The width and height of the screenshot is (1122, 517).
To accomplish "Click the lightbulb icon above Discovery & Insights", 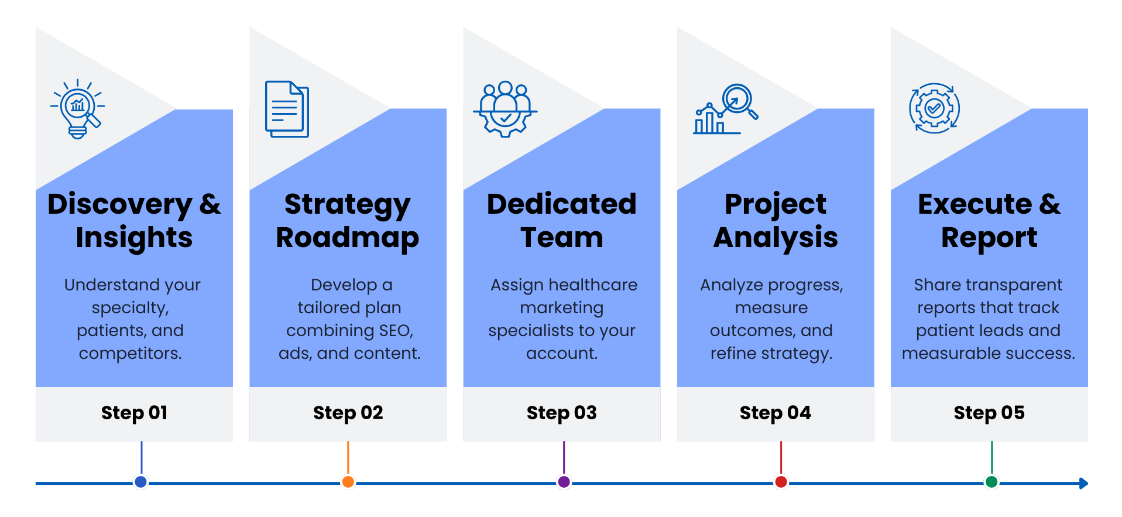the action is coord(78,109).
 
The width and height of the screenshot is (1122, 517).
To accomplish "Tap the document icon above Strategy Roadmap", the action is coord(287,109).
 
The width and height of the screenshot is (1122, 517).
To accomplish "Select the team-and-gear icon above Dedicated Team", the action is coord(505,109).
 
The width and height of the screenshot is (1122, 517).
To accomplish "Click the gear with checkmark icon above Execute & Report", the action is coord(934,108).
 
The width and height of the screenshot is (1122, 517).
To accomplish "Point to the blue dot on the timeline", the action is coord(140,482).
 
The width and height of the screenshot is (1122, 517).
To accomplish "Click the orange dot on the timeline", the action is coord(348,482).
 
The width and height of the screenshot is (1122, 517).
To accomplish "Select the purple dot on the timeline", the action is coord(564,482).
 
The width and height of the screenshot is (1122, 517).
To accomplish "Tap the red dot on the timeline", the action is coord(781,482).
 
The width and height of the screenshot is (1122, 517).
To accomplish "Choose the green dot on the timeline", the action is coord(991,482).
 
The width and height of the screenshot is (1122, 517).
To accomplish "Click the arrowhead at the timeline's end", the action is coord(1084,483).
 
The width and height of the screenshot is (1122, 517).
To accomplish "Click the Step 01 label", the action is coord(135,413).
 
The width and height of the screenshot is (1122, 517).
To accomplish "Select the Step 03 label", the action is coord(562,413).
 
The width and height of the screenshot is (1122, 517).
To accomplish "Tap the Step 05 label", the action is coord(989,413).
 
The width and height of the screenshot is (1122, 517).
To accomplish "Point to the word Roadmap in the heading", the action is coord(348,238).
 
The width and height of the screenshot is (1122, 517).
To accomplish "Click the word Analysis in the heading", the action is coord(776,238).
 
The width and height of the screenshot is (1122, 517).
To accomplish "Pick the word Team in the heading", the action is coord(562,237).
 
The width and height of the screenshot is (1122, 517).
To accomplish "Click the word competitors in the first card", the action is coord(130,354).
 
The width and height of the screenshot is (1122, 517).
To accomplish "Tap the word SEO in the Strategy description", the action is coord(396,331).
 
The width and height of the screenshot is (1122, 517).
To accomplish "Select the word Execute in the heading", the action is coord(975,204).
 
